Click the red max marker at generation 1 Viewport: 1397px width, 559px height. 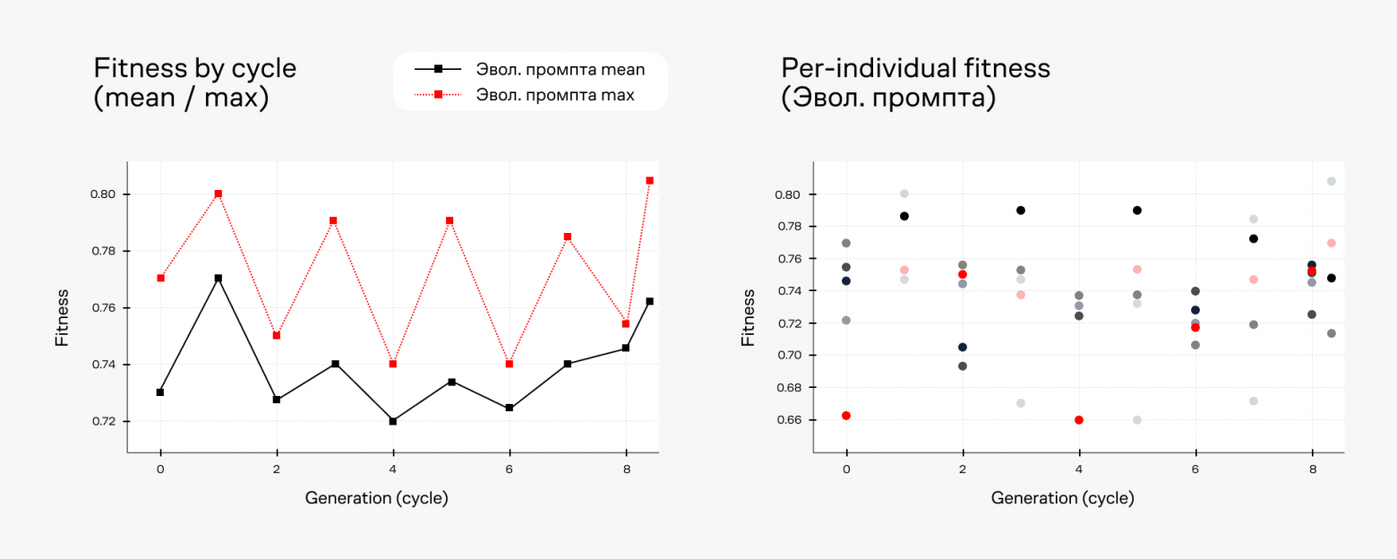[x=218, y=193]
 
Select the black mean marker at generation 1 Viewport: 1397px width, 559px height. [x=218, y=278]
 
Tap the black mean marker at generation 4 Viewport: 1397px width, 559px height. [x=393, y=421]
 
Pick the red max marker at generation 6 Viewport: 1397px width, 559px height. [x=510, y=364]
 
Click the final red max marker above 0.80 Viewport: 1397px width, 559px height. [x=649, y=180]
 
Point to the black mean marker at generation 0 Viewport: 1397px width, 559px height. [x=160, y=392]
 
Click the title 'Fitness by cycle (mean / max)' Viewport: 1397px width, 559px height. [x=194, y=82]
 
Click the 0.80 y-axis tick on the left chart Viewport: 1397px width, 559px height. [x=104, y=194]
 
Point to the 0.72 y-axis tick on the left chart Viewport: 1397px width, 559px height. [x=104, y=421]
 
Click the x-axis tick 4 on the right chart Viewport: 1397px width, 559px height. [x=1079, y=469]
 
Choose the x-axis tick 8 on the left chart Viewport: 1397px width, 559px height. [x=626, y=469]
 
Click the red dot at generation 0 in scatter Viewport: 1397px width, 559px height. [x=846, y=416]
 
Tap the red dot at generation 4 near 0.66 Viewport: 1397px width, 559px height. [x=1079, y=420]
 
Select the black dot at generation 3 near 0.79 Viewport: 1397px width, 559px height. [x=1020, y=211]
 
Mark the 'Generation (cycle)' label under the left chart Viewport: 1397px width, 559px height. [x=376, y=498]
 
